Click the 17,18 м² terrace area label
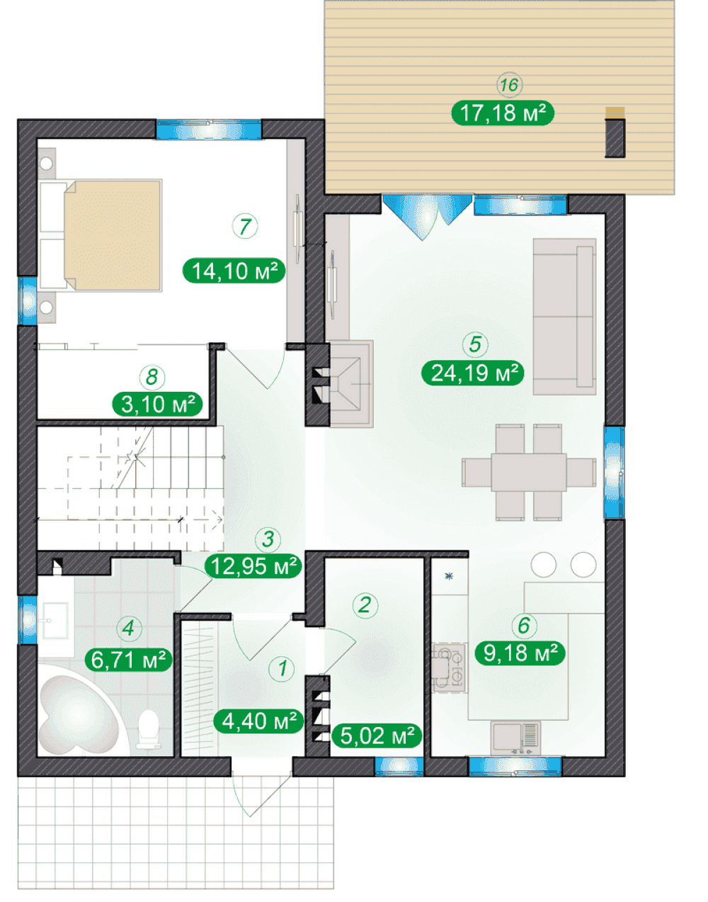(502, 113)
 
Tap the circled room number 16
(509, 85)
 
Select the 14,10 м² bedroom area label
(234, 271)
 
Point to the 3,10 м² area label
(158, 405)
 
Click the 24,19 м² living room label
(473, 373)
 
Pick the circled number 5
(475, 344)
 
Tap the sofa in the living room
(564, 316)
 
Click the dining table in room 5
(529, 472)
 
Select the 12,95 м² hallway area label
(253, 565)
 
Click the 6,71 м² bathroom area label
(128, 659)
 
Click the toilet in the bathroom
(149, 729)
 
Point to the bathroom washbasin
(54, 620)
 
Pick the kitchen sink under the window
(515, 738)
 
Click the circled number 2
(365, 605)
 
